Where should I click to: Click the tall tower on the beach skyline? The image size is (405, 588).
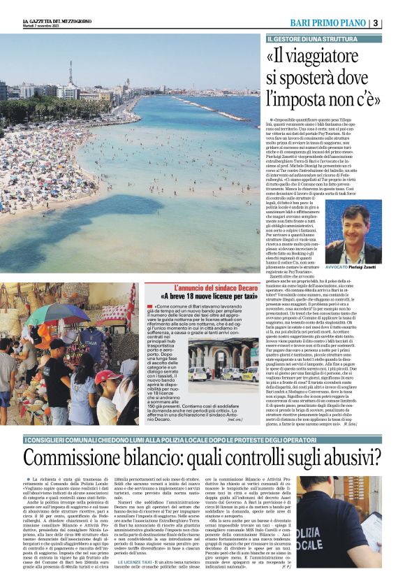click(x=70, y=73)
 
